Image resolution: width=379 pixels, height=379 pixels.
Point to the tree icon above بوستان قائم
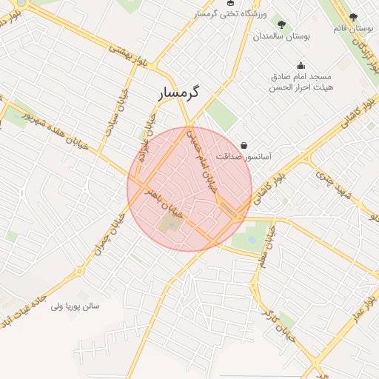point(353,16)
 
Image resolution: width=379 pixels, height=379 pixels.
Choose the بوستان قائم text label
point(352,28)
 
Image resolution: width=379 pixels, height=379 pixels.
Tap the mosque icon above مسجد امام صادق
point(301,65)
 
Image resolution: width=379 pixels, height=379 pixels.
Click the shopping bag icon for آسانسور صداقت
point(244,145)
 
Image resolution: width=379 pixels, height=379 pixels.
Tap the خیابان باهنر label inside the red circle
point(161,194)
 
